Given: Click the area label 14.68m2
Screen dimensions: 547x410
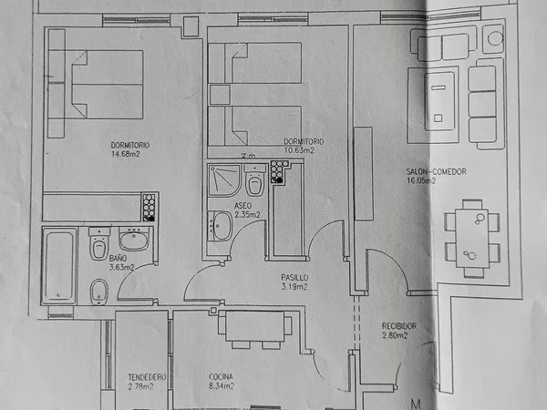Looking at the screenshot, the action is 126,154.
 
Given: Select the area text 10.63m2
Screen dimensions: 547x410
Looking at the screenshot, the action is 299,150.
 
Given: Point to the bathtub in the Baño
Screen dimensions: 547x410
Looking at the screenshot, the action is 59,266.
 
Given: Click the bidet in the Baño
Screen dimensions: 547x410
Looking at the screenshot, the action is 99,292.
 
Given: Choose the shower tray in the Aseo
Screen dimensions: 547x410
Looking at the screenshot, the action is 224,180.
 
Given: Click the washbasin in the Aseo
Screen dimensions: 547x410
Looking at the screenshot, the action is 220,226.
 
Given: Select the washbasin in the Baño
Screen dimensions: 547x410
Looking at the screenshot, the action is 134,239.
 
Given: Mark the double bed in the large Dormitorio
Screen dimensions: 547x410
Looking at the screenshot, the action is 108,85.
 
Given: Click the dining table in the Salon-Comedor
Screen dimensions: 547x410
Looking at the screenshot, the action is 472,238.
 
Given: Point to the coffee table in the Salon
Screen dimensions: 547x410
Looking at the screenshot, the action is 439,101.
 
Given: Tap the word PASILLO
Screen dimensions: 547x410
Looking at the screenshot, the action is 294,278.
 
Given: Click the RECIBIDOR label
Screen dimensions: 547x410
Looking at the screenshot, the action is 399,326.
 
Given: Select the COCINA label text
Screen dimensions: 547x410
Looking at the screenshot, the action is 221,377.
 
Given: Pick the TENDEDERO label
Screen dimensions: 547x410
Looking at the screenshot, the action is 147,377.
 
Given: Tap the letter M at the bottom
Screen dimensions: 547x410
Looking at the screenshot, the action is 416,404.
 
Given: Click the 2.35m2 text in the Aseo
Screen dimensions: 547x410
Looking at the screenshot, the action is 247,215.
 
